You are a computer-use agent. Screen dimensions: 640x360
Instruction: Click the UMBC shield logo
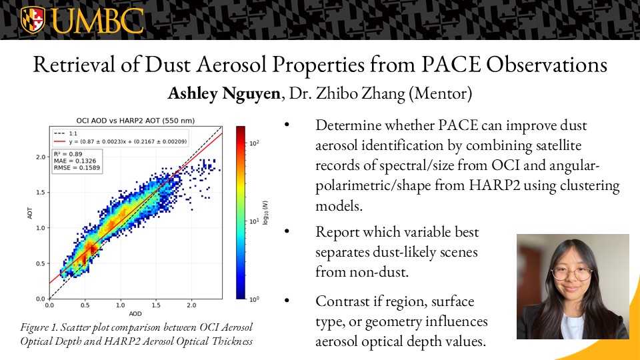[x=33, y=20]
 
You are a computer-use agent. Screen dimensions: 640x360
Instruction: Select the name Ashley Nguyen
[x=224, y=93]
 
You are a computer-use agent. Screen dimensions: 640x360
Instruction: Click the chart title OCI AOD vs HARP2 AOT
[x=135, y=121]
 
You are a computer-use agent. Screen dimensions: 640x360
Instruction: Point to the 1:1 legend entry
[x=66, y=133]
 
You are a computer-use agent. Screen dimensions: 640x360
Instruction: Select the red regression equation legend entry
[x=121, y=141]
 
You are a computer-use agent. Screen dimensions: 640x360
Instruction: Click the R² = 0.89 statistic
[x=68, y=154]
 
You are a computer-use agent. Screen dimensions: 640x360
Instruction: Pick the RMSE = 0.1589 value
[x=77, y=168]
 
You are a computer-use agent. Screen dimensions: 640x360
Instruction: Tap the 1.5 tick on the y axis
[x=41, y=192]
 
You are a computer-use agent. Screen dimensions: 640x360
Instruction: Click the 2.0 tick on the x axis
[x=191, y=305]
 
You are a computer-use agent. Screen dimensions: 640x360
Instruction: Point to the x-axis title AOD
[x=135, y=314]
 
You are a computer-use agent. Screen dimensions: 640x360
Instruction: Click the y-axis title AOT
[x=30, y=213]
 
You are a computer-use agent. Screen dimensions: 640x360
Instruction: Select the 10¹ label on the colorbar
[x=254, y=221]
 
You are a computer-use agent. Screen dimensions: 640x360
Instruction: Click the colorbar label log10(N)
[x=265, y=213]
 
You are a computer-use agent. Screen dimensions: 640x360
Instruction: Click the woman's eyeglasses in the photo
[x=571, y=274]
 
